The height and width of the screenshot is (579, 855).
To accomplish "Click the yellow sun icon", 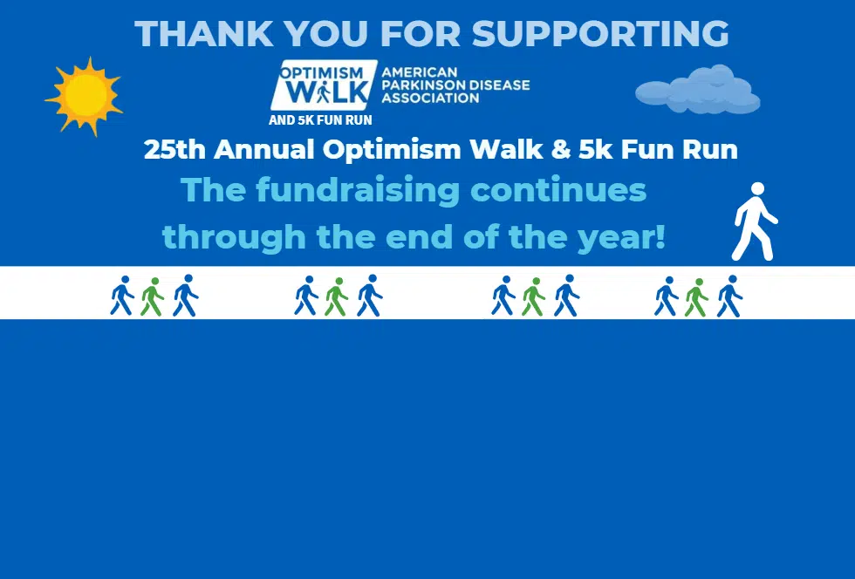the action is (85, 96).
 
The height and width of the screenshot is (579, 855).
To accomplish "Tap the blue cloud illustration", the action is (697, 90).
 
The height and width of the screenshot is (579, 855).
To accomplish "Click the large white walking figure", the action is (755, 221).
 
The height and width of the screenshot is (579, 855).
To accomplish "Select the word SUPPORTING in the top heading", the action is (600, 33).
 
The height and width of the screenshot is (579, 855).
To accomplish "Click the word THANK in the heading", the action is (204, 33).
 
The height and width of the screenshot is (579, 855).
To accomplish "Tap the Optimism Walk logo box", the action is (324, 85).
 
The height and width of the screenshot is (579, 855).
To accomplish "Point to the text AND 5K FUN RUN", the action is (321, 120).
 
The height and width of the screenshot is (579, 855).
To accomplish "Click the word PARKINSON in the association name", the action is (422, 85).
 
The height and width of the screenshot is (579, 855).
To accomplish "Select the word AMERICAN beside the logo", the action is (420, 72).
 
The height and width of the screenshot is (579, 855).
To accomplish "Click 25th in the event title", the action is (175, 149).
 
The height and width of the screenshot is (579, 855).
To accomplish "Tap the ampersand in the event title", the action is (560, 149).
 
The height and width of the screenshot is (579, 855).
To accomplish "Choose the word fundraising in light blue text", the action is (359, 191).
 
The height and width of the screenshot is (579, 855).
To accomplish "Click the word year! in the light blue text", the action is (621, 237).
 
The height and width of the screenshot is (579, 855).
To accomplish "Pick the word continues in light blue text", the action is (558, 190).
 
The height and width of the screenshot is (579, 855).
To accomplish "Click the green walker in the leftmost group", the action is (152, 296).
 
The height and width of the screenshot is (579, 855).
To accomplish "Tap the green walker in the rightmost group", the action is (696, 297).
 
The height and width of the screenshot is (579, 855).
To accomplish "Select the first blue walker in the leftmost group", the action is (122, 295).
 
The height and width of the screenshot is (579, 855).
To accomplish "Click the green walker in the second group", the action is (337, 296).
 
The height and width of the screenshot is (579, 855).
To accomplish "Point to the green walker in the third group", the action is (533, 296).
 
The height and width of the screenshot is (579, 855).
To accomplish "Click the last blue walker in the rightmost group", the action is (729, 296).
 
